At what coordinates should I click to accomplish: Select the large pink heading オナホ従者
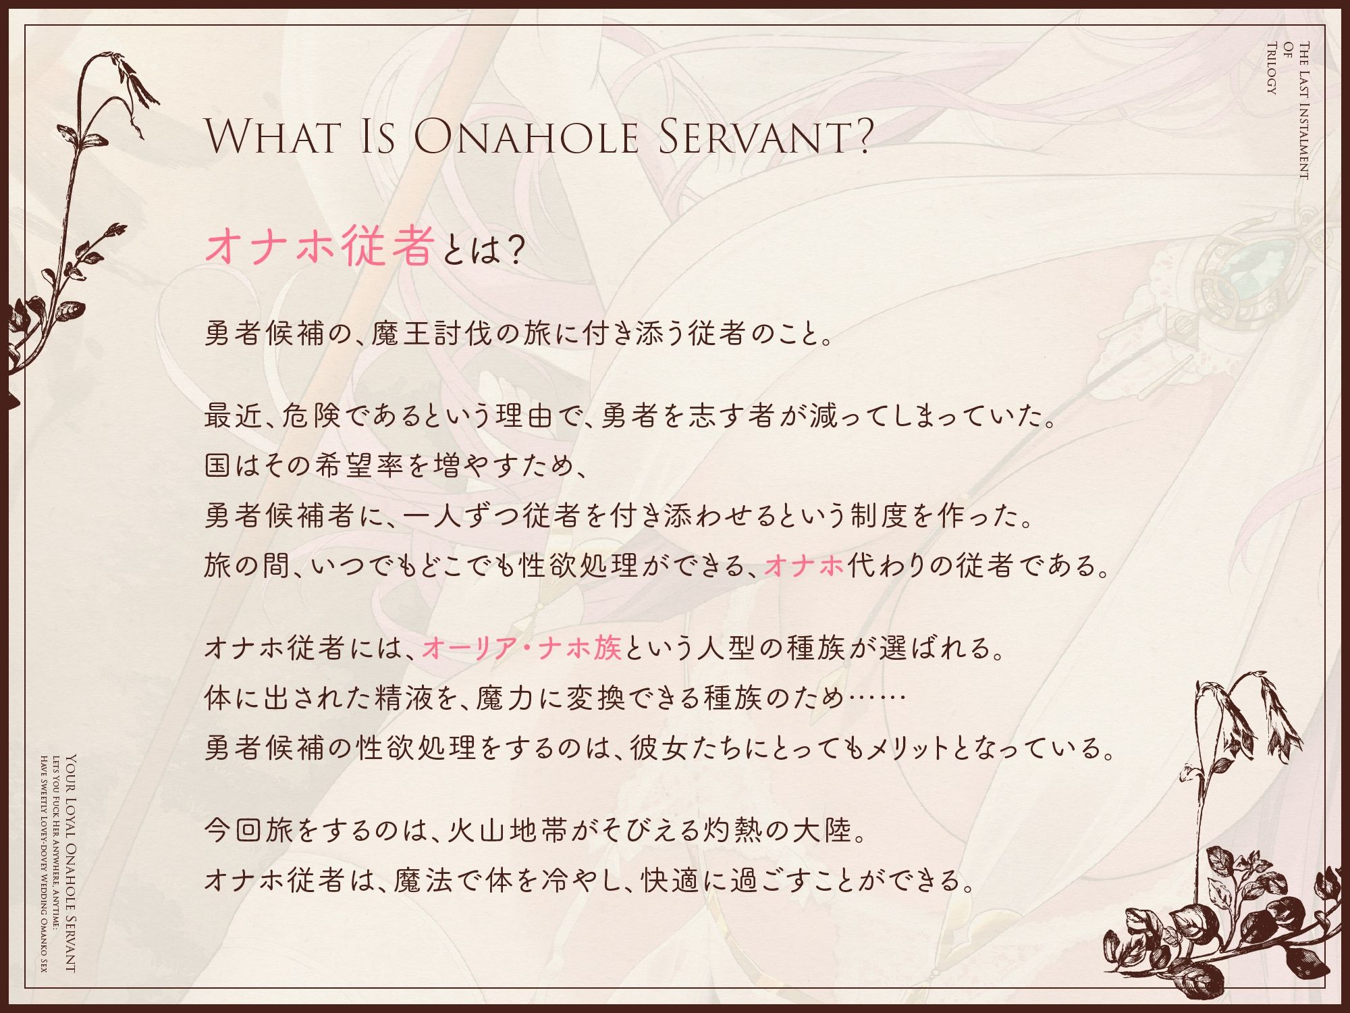(319, 247)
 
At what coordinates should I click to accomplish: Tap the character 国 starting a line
(218, 465)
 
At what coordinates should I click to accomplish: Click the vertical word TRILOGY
(1271, 68)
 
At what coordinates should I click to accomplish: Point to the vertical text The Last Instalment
(1303, 111)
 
